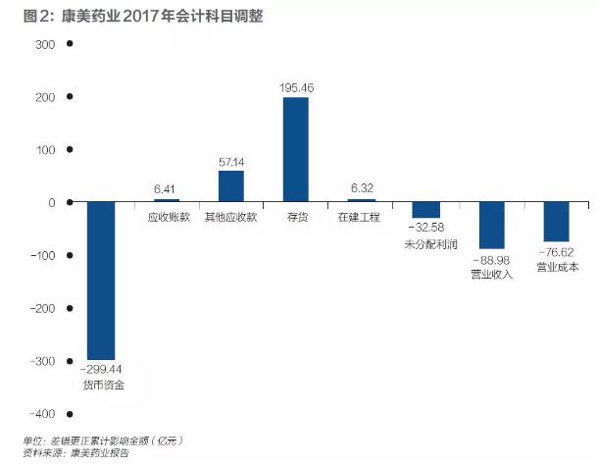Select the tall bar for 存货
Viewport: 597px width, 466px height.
(295, 149)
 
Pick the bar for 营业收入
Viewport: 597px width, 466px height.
(491, 226)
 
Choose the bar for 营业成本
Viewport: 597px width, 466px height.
(556, 222)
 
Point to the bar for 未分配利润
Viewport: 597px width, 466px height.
(425, 211)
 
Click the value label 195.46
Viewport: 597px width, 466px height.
(296, 87)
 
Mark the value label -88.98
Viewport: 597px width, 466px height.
(492, 260)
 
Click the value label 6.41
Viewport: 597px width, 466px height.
(167, 189)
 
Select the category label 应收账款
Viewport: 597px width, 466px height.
(167, 217)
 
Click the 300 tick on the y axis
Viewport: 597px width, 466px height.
(46, 44)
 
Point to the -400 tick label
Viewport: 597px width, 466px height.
(42, 414)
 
